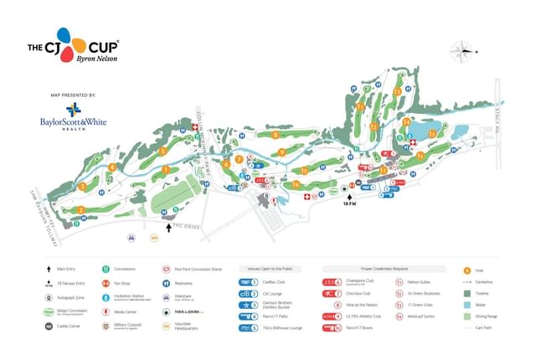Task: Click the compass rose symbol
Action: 461,51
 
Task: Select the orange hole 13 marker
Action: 397,91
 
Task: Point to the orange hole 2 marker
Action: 81,209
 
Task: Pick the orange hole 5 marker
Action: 162,152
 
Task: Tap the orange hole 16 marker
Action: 419,154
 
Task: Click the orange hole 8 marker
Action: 275,136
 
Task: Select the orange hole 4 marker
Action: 111,167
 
